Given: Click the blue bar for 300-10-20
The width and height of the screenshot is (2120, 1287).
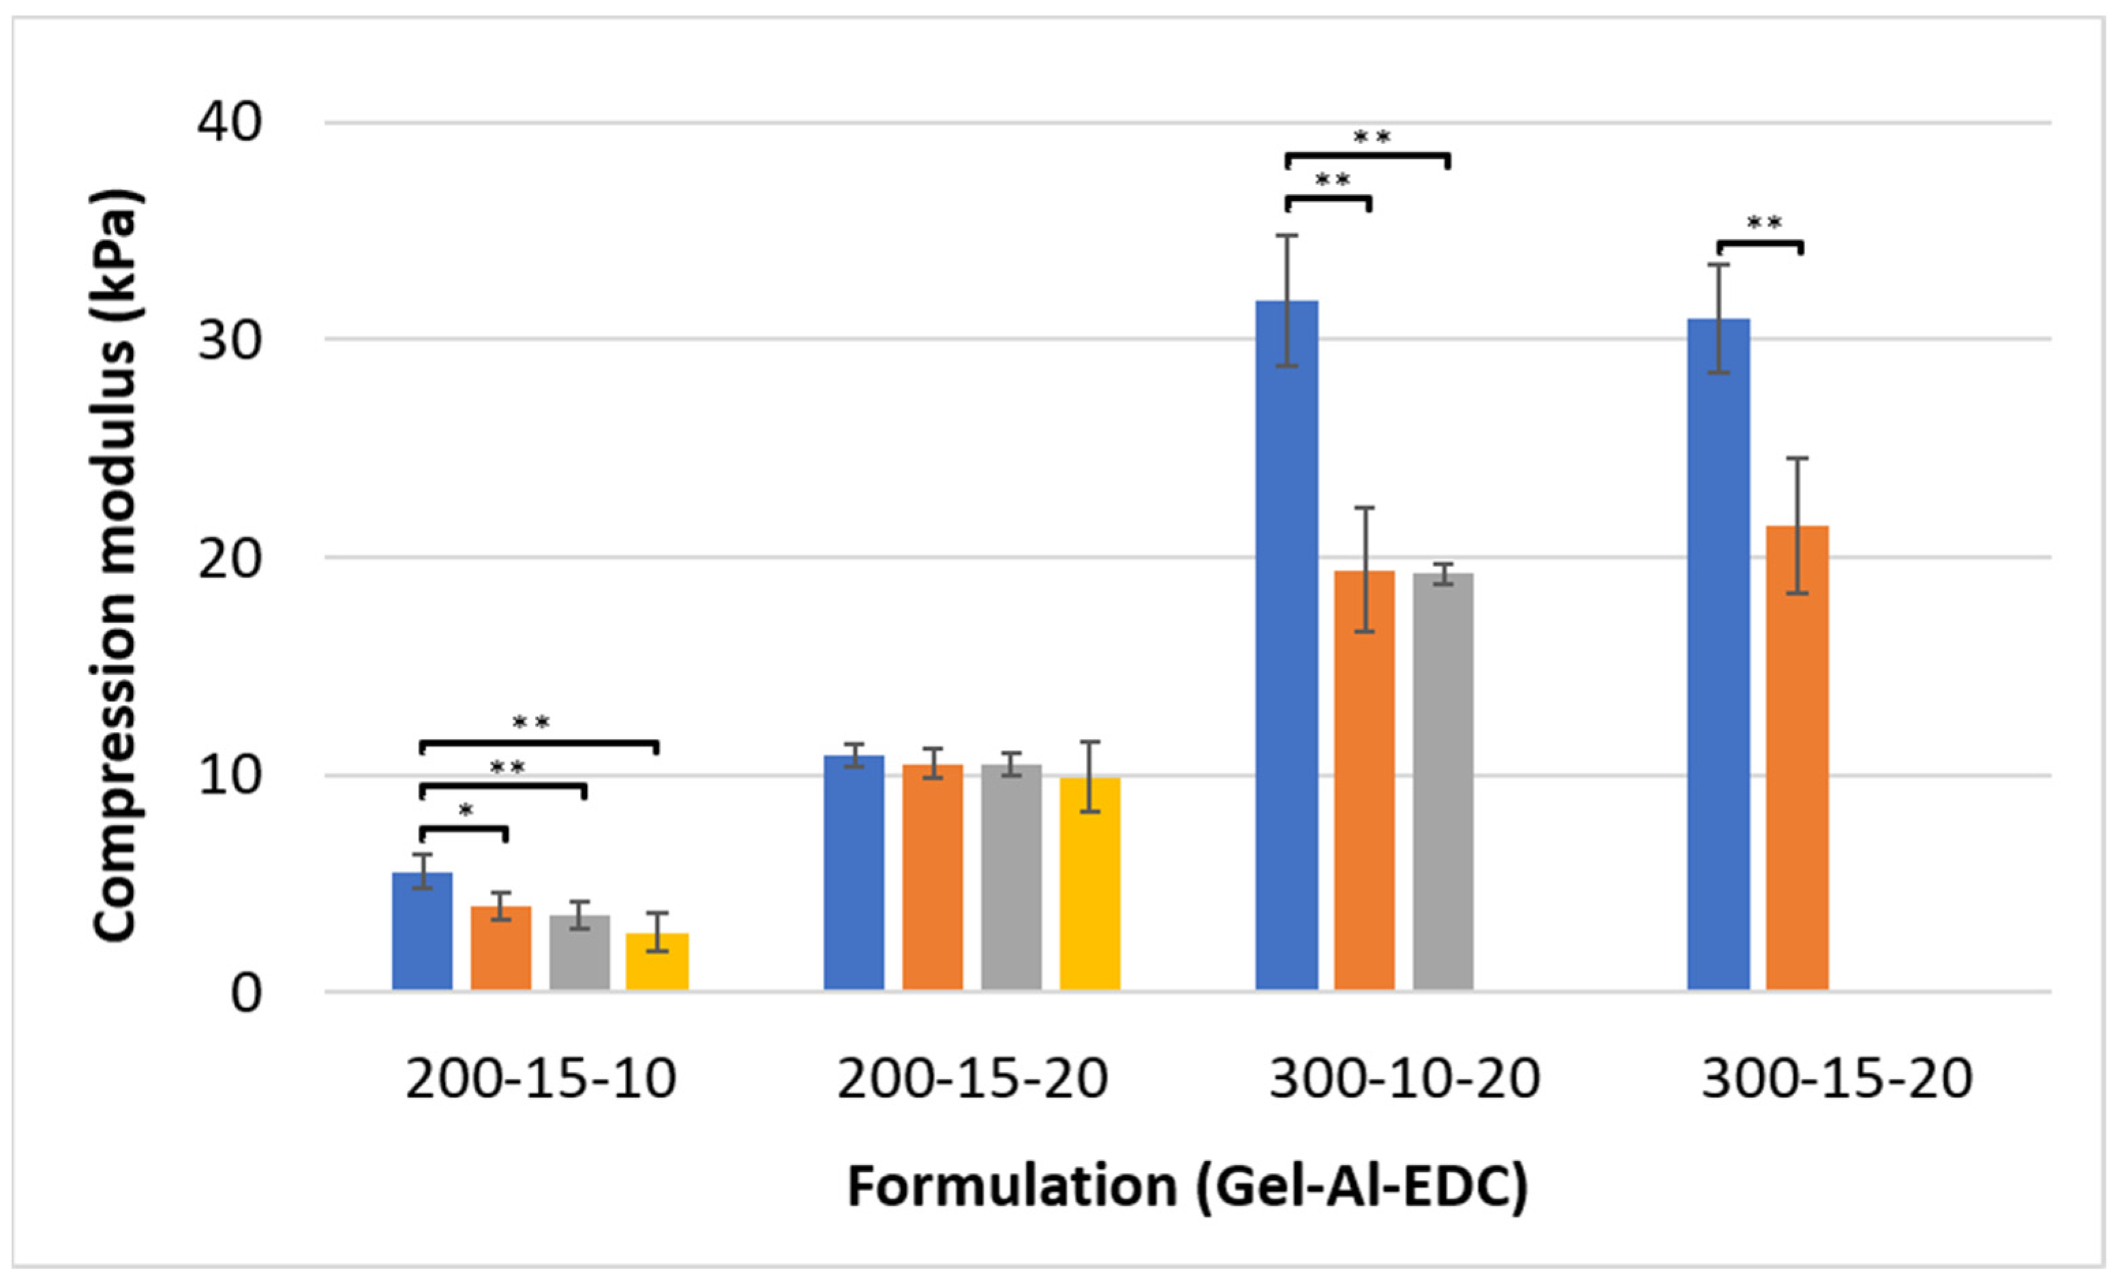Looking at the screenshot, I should (1286, 646).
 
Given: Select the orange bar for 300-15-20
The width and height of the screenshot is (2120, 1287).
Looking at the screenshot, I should (1796, 757).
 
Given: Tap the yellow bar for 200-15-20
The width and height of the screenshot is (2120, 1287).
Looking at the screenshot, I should (1089, 883).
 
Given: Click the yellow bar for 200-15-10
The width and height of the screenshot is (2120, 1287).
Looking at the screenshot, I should (657, 961).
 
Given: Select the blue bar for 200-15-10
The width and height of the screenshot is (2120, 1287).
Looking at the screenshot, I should (423, 931).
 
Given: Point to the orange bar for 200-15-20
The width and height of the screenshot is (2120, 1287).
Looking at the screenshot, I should (933, 877).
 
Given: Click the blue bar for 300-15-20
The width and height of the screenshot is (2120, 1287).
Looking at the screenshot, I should (1718, 654).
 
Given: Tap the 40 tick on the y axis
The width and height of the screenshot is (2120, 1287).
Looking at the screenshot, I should (229, 122).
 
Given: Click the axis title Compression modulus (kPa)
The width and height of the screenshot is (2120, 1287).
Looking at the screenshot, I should (115, 564).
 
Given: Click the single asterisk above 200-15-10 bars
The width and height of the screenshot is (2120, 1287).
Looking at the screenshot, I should (466, 811).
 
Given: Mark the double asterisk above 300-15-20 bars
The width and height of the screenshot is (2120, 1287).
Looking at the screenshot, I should (1763, 224).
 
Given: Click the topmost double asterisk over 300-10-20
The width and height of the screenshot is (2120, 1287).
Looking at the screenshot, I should (1372, 138).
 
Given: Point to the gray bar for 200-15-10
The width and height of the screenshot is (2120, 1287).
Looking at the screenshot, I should (580, 952).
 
